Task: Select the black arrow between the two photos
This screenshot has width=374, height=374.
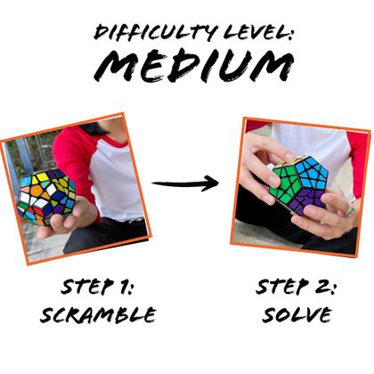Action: pos(184,184)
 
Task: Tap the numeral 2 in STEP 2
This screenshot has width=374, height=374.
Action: pos(337,287)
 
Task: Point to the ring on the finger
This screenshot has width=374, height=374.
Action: pos(349,211)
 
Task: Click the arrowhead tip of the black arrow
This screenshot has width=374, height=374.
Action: pos(216,184)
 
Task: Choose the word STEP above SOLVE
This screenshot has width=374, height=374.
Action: pos(284,287)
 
